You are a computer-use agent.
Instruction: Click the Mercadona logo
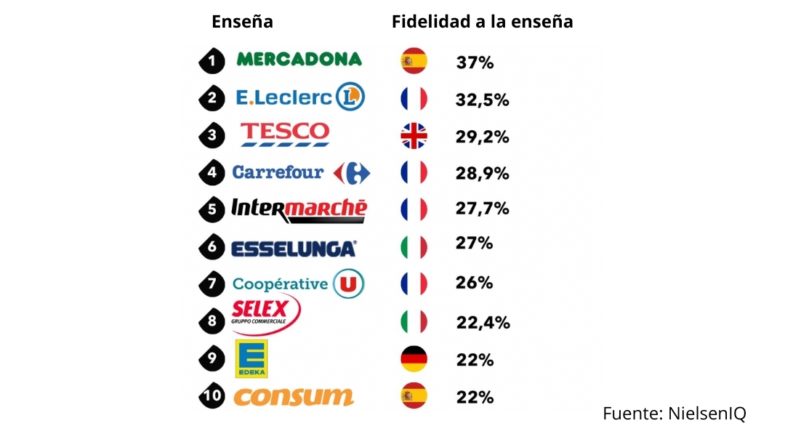[x=299, y=60]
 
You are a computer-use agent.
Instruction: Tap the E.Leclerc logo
[x=299, y=97]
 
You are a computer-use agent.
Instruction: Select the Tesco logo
[x=285, y=134]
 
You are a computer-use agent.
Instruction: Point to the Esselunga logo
[x=294, y=249]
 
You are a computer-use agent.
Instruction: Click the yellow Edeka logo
[x=251, y=359]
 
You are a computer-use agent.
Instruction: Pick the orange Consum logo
[x=294, y=397]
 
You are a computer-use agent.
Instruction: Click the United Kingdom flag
[x=414, y=136]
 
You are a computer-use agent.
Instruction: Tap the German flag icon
[x=414, y=359]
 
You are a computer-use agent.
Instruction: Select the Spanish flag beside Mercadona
[x=414, y=61]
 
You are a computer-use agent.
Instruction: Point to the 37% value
[x=475, y=63]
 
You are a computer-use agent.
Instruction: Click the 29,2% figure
[x=483, y=137]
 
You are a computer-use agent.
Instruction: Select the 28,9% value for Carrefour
[x=483, y=174]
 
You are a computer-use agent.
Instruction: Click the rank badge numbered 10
[x=212, y=397]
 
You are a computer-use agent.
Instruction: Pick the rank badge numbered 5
[x=212, y=210]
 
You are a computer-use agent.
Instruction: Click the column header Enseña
[x=242, y=22]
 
